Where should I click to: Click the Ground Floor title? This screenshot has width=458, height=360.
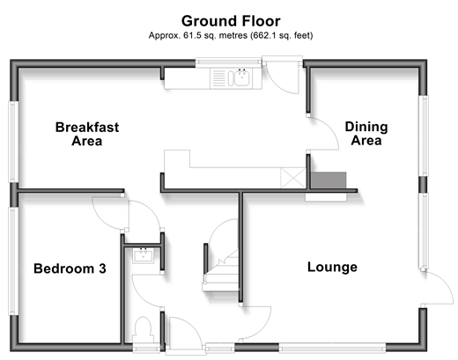coord(231,21)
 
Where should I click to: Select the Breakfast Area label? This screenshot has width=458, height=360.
coord(87,134)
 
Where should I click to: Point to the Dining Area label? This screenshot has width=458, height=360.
coord(366,134)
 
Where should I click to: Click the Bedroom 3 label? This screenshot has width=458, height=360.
coord(70,268)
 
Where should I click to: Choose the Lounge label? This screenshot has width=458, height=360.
coord(332,267)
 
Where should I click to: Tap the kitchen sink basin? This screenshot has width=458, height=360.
coord(240,77)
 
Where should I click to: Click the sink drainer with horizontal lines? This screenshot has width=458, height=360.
coord(218,78)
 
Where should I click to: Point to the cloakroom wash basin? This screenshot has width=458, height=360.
coord(143,255)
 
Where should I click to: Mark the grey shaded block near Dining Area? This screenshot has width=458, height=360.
coord(329,180)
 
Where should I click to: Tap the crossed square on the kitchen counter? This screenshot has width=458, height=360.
coord(293,178)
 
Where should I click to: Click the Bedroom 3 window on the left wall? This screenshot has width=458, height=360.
coord(12,261)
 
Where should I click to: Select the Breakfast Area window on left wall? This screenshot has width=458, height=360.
coord(13,142)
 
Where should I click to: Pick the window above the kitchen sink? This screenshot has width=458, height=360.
coord(228,62)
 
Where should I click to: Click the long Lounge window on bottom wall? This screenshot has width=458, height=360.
coord(332,348)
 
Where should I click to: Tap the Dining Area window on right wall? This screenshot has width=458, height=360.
coord(424,136)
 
